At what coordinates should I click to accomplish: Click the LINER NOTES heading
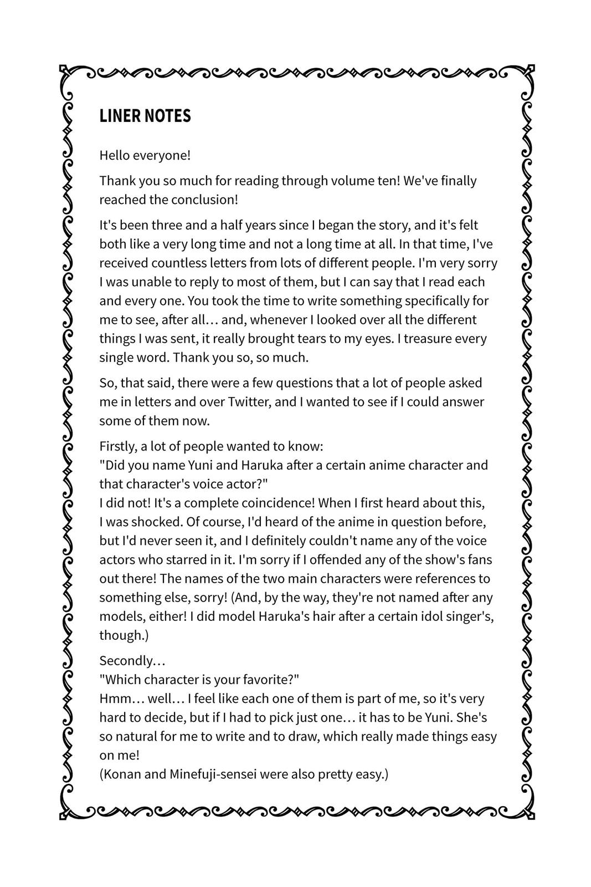pyautogui.click(x=145, y=116)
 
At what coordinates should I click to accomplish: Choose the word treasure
pyautogui.click(x=429, y=338)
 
